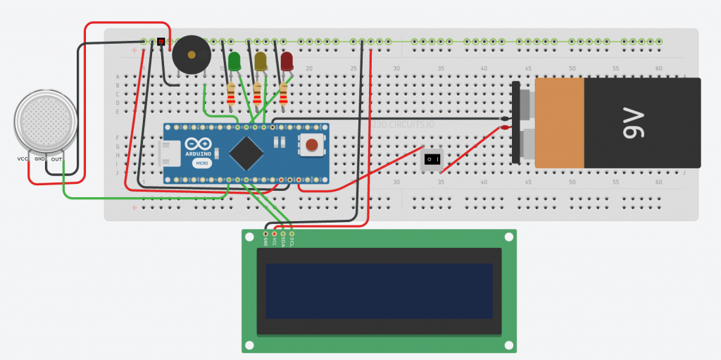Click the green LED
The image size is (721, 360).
tap(234, 61)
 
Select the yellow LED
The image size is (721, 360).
tap(261, 61)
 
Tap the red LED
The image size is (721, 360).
tap(287, 61)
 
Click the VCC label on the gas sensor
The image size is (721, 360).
tap(22, 159)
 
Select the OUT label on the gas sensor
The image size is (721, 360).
tap(57, 159)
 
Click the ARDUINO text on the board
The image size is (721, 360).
tap(199, 152)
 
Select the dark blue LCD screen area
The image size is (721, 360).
tap(379, 290)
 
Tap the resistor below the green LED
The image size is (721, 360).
tap(232, 95)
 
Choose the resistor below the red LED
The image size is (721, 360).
tap(284, 94)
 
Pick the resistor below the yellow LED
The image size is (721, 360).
tap(258, 94)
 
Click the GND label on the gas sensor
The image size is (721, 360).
tap(40, 159)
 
